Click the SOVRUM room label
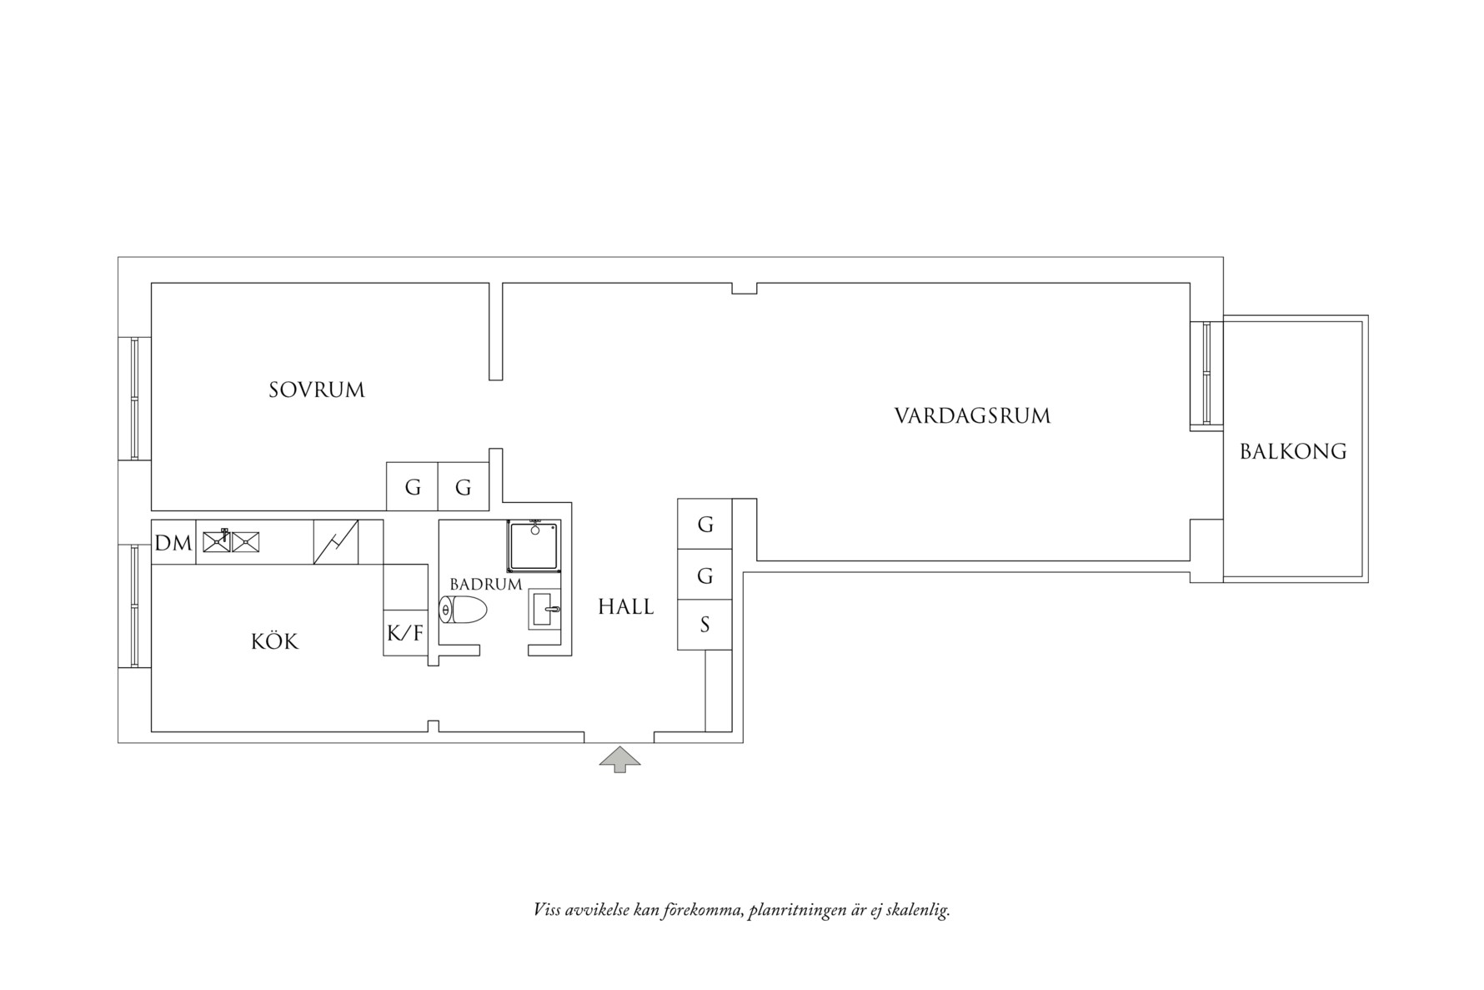point(317,389)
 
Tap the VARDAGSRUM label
point(972,415)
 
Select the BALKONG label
point(1293,451)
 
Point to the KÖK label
point(274,641)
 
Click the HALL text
point(625,606)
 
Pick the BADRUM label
point(485,584)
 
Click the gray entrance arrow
point(620,758)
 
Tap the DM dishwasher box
point(173,543)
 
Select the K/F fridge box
point(405,633)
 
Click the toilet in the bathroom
point(464,611)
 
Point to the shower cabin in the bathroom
point(534,545)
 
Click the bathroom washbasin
point(544,611)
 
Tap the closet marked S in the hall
point(704,625)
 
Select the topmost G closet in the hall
point(704,524)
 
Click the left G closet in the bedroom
point(412,487)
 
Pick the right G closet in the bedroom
point(464,487)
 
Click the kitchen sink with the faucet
point(217,541)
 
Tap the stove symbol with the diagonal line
point(336,542)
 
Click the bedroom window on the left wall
point(134,398)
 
